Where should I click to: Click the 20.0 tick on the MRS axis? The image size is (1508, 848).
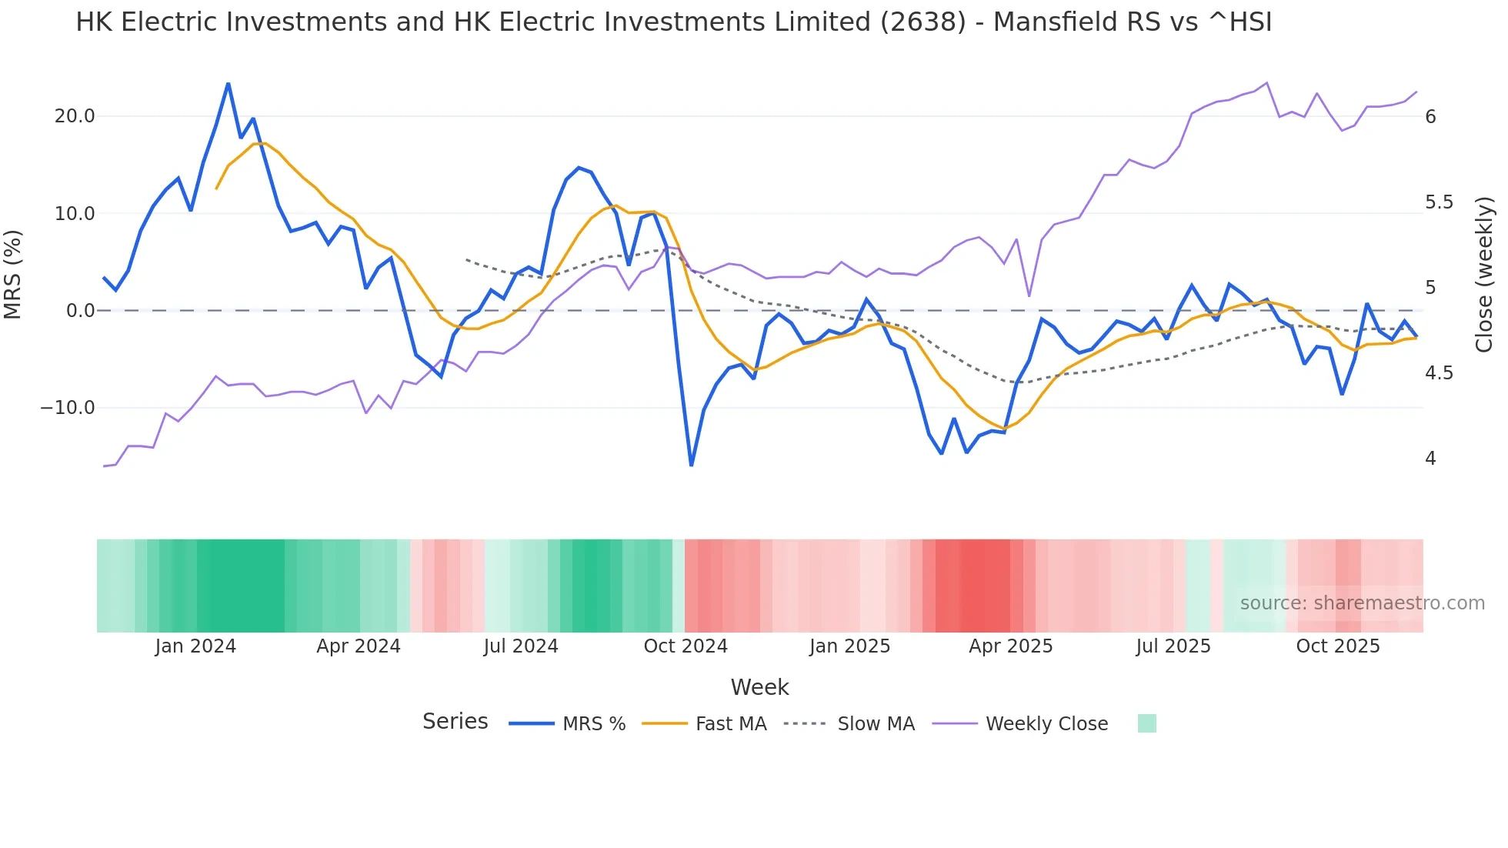tap(75, 116)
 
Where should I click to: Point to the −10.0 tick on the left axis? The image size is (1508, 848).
tap(68, 408)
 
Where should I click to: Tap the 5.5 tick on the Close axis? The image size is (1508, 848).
tap(1439, 202)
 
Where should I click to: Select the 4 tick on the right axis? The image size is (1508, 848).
tap(1430, 459)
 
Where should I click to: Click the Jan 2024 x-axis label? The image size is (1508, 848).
tap(195, 646)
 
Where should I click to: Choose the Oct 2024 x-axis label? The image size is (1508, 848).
tap(686, 646)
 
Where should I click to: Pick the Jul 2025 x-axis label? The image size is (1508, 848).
tap(1173, 646)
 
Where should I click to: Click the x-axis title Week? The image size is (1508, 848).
tap(759, 687)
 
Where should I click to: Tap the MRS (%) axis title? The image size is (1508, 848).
tap(13, 275)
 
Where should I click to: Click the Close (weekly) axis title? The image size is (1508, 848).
tap(1484, 275)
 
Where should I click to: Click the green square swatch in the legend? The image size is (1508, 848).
tap(1146, 723)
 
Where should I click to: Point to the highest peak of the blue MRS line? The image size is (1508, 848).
tap(229, 83)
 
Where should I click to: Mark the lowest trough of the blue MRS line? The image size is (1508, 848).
tap(691, 466)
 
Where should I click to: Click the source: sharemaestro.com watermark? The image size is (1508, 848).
tap(1362, 603)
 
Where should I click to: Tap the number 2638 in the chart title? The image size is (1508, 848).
tap(922, 22)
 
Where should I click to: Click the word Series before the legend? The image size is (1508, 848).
tap(455, 722)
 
